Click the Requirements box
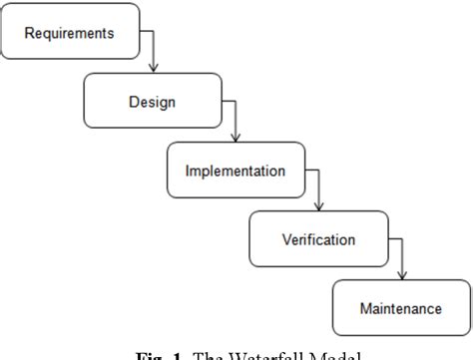[x=69, y=33]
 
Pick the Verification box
[x=317, y=239]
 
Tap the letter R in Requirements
[x=30, y=33]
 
